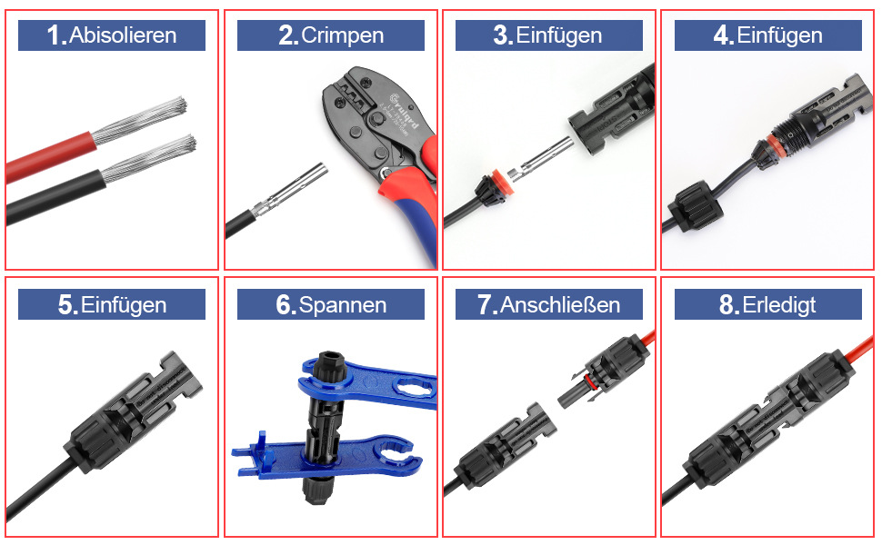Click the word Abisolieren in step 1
coord(124,35)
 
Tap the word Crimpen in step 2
coord(342,35)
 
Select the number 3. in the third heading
coord(504,35)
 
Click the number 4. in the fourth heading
coord(724,35)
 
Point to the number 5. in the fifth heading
coord(67,305)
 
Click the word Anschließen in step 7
coord(560,305)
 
